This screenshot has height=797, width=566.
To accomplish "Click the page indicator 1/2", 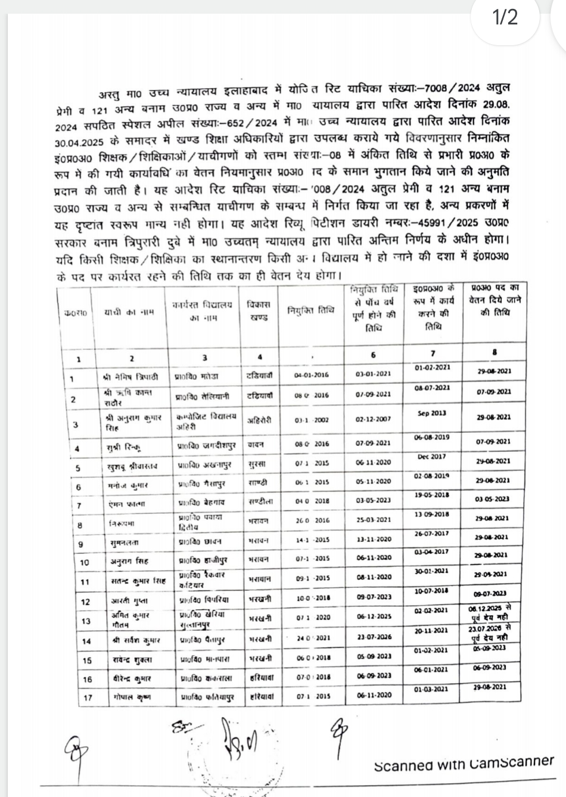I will (x=505, y=17).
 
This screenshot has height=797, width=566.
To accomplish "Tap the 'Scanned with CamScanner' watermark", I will (x=464, y=763).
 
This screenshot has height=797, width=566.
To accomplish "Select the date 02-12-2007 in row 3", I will (x=374, y=419).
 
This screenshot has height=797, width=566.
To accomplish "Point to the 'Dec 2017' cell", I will (x=433, y=457).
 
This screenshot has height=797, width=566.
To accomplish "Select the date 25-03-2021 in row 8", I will (x=374, y=520).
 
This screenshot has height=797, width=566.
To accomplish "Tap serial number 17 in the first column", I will (x=88, y=697).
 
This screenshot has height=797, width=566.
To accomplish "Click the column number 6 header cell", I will (x=374, y=355).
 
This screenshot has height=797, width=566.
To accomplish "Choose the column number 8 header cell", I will (x=494, y=352).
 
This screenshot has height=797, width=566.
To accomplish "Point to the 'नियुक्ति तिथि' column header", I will (x=310, y=310).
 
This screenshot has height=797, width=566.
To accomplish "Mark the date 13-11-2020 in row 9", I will (x=374, y=539).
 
